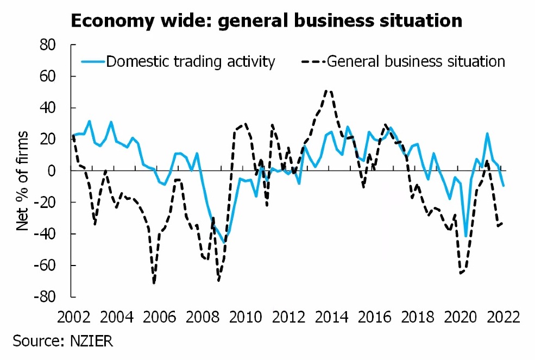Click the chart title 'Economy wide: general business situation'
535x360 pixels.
click(x=266, y=21)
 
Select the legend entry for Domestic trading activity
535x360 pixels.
click(x=190, y=61)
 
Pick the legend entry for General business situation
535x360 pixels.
click(x=416, y=61)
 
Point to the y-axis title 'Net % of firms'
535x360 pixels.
click(x=22, y=180)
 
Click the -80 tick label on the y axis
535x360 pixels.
click(x=47, y=297)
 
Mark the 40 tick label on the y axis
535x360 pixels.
click(x=50, y=108)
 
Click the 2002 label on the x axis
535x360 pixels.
click(x=73, y=316)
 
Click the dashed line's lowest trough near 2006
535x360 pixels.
click(x=154, y=283)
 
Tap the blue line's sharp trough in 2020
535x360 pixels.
click(x=465, y=236)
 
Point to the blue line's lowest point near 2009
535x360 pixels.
click(x=224, y=242)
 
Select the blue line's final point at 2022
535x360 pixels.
click(x=503, y=186)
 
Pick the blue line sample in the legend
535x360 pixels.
click(x=92, y=61)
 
